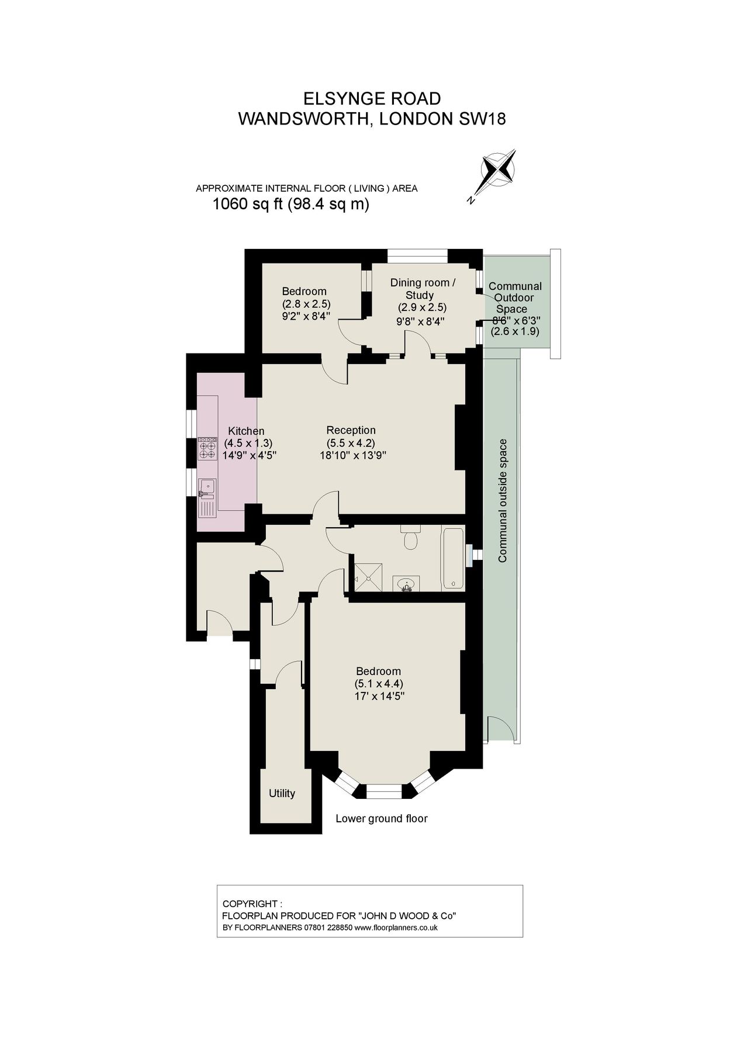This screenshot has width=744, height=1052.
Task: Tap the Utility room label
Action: coord(282,793)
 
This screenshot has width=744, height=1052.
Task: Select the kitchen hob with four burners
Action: coord(207,448)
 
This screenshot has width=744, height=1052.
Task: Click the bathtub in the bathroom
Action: coord(454,558)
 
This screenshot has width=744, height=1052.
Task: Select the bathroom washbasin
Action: coord(406,584)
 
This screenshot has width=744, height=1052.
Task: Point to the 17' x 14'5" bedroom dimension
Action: coord(379,696)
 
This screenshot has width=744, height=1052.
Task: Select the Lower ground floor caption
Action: coord(381,818)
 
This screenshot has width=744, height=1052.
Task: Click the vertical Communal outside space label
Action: coord(503,500)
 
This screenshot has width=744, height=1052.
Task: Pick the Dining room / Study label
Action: coord(423,289)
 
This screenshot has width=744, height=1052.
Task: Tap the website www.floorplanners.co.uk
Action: coord(396,928)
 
